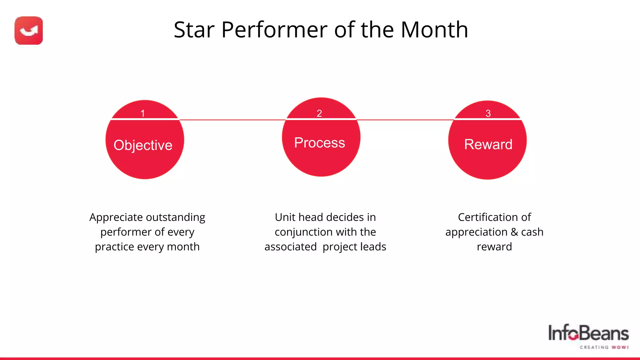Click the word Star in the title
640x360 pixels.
tap(194, 30)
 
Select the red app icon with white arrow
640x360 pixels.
tap(29, 31)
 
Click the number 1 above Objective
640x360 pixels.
tap(143, 113)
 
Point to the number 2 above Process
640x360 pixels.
tap(319, 113)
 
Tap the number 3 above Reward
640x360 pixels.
tap(488, 113)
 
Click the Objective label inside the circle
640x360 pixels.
tap(143, 145)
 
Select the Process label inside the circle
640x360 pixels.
tap(319, 143)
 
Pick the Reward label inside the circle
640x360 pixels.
tap(488, 144)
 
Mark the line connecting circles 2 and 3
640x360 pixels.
tap(405, 120)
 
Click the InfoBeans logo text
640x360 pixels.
tap(588, 333)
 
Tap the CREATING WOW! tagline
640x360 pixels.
tap(604, 347)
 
